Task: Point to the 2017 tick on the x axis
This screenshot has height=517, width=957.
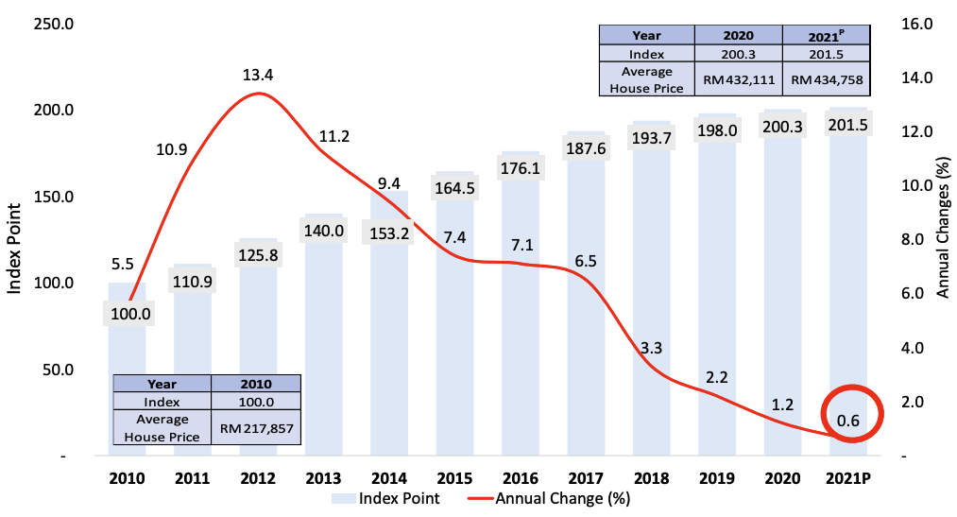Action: pos(587,478)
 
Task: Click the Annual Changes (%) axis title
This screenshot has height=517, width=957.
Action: pos(942,229)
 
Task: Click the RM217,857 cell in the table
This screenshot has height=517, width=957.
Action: pos(257,428)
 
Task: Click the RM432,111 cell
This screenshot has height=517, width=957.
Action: pos(739,80)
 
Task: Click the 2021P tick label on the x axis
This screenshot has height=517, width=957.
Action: pos(847,478)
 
